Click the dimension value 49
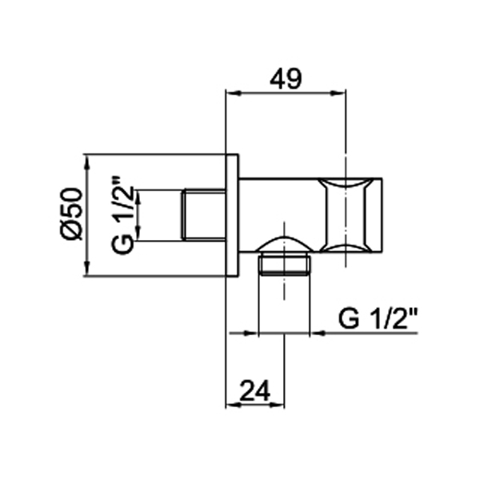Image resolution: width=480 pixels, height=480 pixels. (286, 79)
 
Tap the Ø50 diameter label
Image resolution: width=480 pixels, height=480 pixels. (71, 214)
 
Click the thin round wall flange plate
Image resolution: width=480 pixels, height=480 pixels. (232, 214)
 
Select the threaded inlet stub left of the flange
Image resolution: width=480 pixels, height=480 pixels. (205, 214)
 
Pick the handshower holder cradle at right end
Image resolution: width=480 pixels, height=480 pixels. (350, 214)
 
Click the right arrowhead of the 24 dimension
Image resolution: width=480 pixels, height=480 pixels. (281, 405)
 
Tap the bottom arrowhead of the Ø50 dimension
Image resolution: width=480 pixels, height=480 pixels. (86, 271)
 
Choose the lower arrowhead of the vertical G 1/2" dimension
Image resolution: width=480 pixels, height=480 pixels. (138, 235)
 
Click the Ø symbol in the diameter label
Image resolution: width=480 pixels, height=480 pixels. (71, 230)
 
